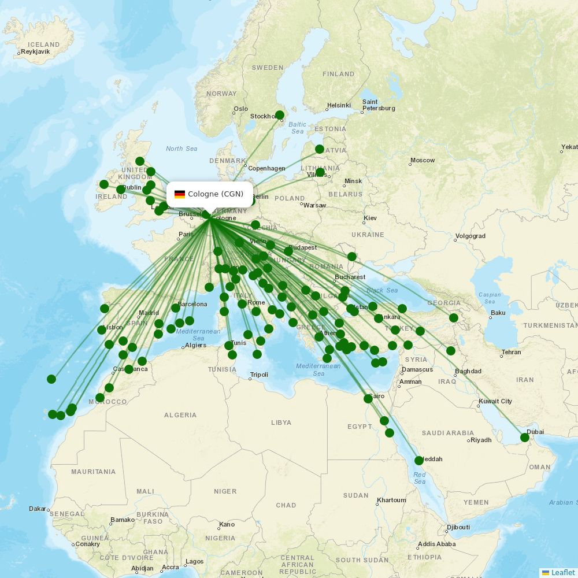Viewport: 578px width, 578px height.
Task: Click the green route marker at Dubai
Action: coord(525,438)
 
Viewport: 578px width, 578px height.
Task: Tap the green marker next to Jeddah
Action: coord(419,461)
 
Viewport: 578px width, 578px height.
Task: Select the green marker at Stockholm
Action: coord(280,115)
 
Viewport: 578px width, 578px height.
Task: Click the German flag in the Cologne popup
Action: coord(180,194)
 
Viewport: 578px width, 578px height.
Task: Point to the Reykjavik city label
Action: coord(36,51)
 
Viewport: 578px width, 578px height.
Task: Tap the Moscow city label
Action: coord(423,160)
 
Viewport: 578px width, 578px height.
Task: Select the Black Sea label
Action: coord(382,290)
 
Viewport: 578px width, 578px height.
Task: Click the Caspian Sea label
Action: coord(490,298)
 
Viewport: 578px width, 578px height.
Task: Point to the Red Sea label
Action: coord(420,478)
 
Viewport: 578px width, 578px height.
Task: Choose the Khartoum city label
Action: coord(391,500)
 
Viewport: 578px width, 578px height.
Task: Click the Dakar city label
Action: coord(37,509)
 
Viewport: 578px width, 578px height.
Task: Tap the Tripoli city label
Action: coord(259,375)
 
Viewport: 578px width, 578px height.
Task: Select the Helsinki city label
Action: coord(339,105)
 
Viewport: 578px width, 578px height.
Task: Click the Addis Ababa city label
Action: coord(436,544)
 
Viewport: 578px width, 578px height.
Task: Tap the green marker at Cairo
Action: coord(368,399)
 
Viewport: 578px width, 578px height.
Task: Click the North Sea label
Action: coord(181,149)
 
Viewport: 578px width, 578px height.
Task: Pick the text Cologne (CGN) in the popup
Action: coord(216,194)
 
